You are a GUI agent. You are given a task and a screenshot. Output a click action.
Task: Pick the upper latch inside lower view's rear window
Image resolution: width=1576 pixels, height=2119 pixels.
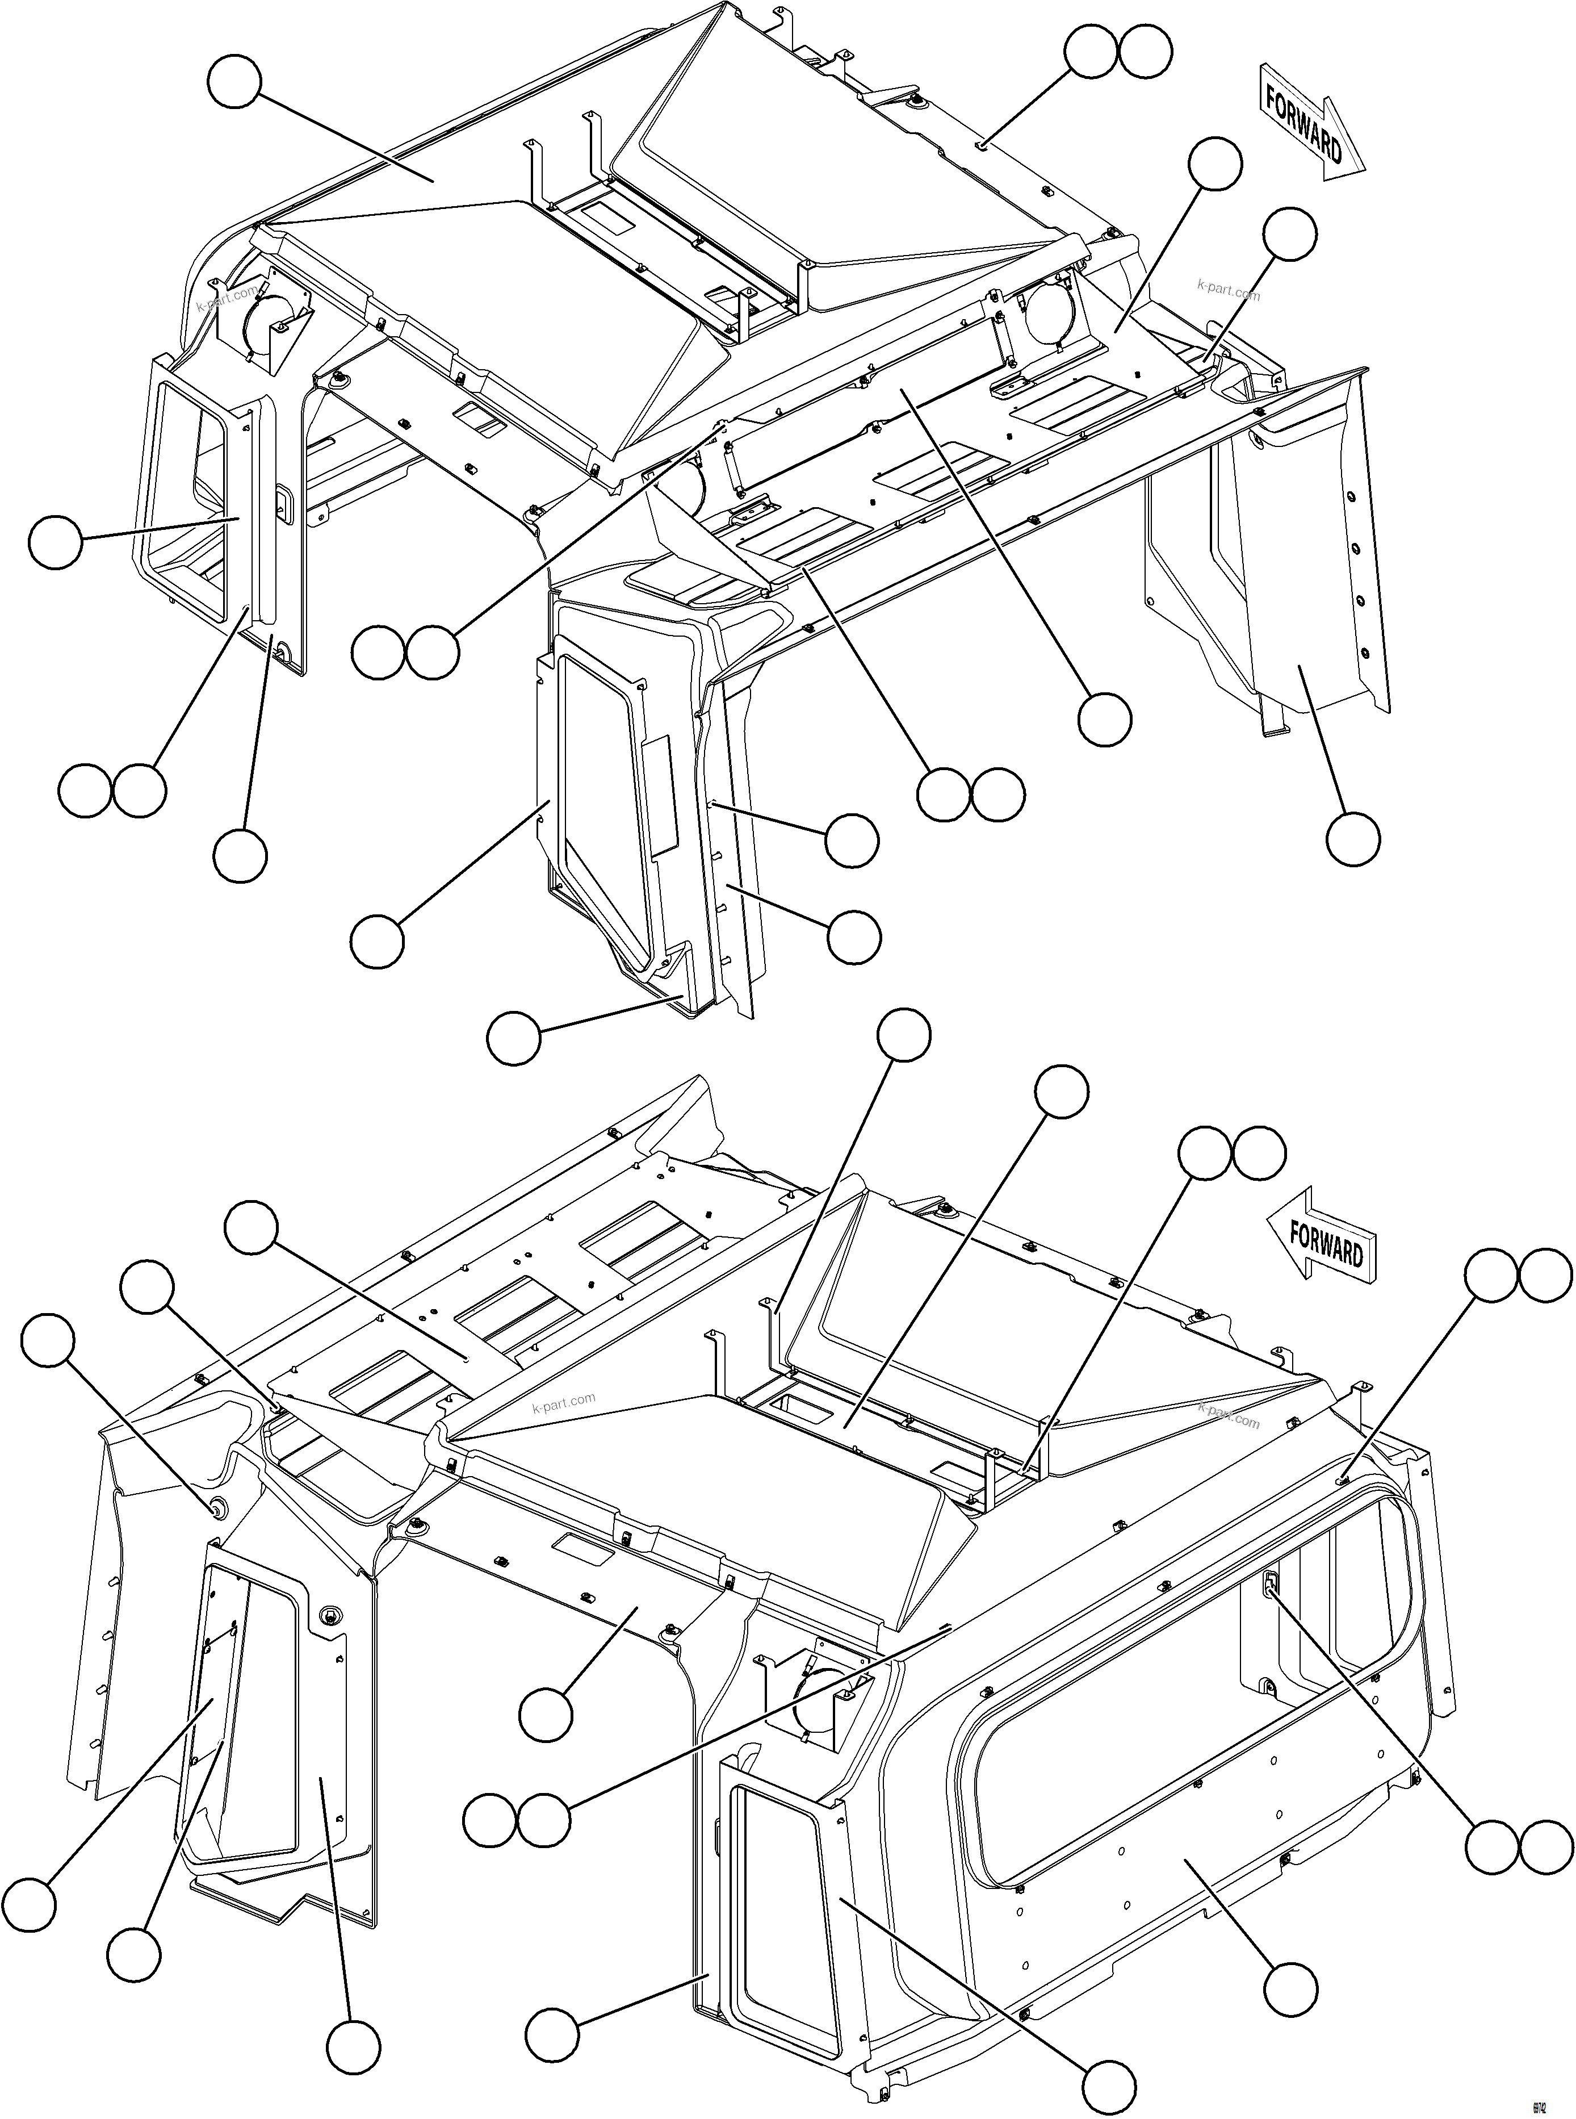point(1270,1585)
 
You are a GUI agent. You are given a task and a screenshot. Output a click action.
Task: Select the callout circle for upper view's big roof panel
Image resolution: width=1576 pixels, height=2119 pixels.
point(234,82)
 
